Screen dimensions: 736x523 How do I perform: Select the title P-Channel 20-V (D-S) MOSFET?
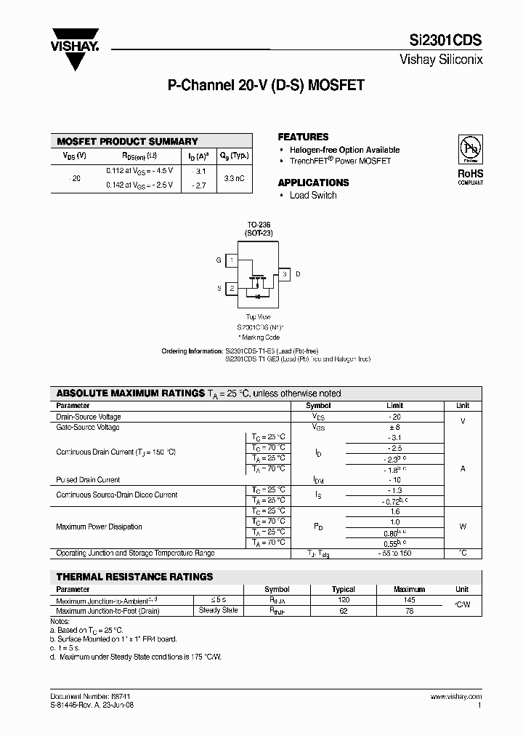point(266,85)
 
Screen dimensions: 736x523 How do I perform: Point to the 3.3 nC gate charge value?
point(234,177)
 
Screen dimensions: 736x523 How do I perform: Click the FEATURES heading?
point(303,137)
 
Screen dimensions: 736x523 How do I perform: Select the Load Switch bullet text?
point(313,195)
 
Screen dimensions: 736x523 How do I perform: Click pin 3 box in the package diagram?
point(285,273)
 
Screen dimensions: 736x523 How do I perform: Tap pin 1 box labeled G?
point(231,260)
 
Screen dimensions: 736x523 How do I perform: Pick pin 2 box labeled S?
point(231,288)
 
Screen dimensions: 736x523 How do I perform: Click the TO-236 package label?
point(258,225)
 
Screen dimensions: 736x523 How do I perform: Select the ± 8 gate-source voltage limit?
point(394,428)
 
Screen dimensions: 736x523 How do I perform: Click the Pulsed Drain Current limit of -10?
point(394,480)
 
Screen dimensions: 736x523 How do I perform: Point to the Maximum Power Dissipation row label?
point(99,527)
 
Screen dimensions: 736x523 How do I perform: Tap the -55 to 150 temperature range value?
point(394,553)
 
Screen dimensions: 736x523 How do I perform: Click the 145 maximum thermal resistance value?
point(409,600)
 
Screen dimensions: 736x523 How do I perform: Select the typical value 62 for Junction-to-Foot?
point(344,611)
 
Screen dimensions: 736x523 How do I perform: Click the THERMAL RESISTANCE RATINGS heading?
point(134,577)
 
